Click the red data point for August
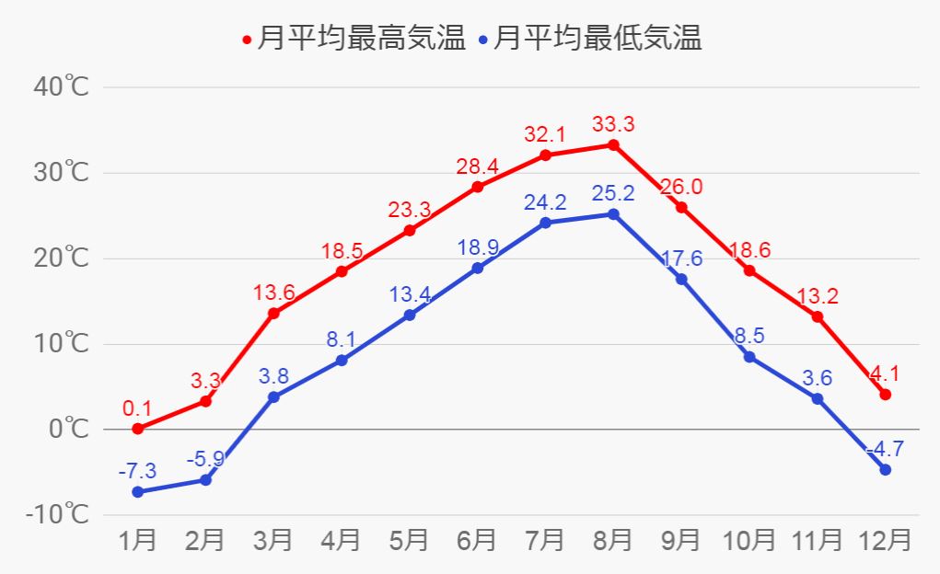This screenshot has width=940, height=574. coord(613,145)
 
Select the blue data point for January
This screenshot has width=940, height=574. coord(138,492)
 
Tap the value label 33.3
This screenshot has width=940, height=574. coord(612,124)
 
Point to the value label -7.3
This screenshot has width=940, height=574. coord(137,471)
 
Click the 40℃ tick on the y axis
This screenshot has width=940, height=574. coord(62,87)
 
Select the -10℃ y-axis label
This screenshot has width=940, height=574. coord(57,514)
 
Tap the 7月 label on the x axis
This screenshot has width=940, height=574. coord(545,539)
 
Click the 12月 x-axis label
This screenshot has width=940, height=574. coord(885,539)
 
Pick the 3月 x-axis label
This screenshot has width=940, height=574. coord(273,539)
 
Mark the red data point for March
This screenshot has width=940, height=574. coord(273,314)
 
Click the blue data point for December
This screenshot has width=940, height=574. coord(886,470)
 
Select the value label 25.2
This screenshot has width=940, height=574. coord(612,194)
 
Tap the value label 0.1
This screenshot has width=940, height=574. coord(137,408)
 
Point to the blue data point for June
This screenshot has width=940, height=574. coord(477,268)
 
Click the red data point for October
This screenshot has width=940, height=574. coord(749,270)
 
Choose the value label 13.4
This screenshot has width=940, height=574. coord(409,293)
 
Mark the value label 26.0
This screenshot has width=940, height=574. coord(681,187)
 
